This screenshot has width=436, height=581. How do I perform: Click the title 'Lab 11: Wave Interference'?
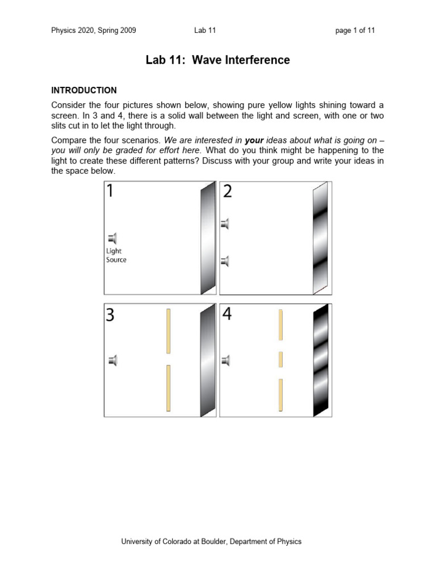218,60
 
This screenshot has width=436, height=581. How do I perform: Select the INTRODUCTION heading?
84,90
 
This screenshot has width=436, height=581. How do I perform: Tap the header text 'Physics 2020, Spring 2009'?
94,31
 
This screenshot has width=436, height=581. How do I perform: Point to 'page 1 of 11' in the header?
355,31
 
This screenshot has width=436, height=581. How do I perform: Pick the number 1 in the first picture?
110,192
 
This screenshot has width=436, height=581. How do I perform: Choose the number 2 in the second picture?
227,192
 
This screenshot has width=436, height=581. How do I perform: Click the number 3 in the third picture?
110,315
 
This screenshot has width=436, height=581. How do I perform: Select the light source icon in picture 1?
112,238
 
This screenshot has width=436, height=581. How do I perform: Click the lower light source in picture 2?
225,261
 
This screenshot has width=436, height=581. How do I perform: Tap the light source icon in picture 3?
113,360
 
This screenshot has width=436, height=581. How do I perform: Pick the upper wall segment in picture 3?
168,331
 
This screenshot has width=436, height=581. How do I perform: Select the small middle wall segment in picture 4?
280,359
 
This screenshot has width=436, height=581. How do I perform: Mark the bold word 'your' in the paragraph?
254,140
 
